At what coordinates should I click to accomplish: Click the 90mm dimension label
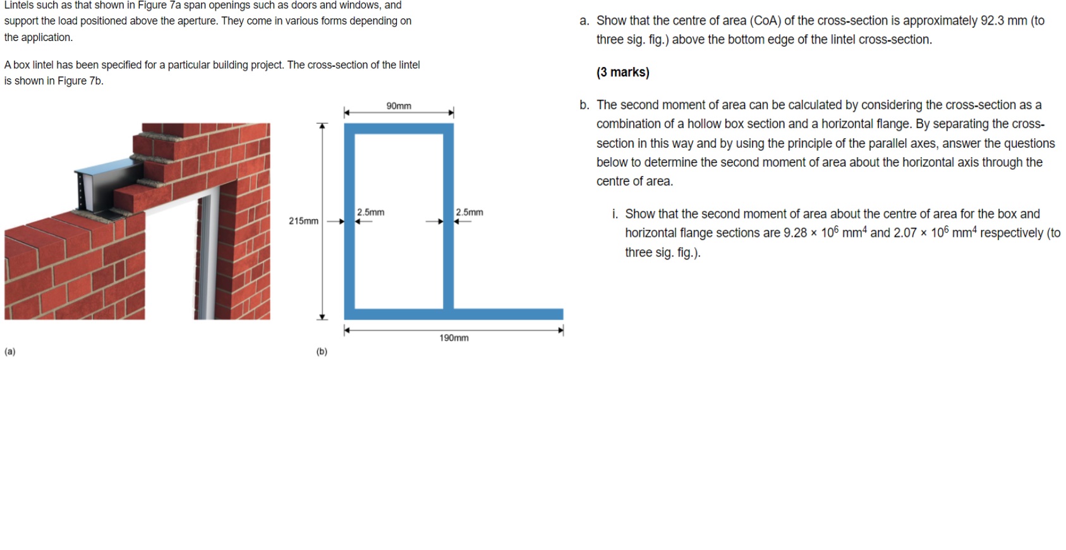(399, 106)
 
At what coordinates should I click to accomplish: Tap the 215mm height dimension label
(303, 221)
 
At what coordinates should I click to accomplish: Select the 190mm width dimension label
(454, 338)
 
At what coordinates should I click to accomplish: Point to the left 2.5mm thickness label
(370, 212)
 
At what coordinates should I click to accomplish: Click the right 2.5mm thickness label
(469, 212)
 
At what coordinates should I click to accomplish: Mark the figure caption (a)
(10, 352)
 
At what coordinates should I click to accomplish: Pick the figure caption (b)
(322, 352)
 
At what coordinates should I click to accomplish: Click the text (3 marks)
(622, 72)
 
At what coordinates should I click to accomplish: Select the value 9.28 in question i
(795, 233)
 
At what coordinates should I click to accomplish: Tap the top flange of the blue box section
(399, 128)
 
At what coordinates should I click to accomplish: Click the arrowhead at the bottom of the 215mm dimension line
(322, 317)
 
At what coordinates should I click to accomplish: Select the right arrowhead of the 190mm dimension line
(560, 330)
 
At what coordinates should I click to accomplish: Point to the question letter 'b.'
(584, 105)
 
